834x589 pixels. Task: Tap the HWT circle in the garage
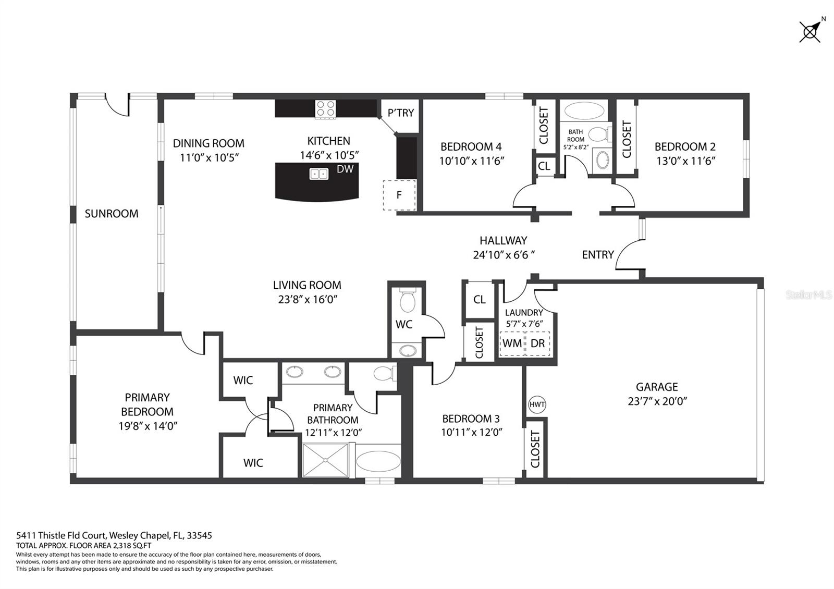coord(536,404)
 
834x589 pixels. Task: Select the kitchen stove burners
coord(326,108)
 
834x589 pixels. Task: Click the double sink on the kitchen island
coord(318,174)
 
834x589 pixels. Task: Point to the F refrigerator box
coord(400,195)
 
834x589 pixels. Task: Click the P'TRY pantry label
coord(400,113)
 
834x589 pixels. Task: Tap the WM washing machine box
coord(512,343)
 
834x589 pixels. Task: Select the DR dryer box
coord(537,343)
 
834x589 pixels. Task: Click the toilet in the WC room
coord(407,300)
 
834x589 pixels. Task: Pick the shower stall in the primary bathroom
coord(326,459)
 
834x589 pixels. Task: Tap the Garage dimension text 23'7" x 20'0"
coord(657,401)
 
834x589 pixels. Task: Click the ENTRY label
coord(597,254)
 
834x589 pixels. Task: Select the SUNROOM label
coord(112,213)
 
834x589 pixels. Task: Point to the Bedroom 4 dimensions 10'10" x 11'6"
coord(471,161)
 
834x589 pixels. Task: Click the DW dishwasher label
coord(345,169)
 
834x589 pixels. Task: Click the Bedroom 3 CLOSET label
coord(535,449)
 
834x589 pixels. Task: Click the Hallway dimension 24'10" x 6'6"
coord(504,255)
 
